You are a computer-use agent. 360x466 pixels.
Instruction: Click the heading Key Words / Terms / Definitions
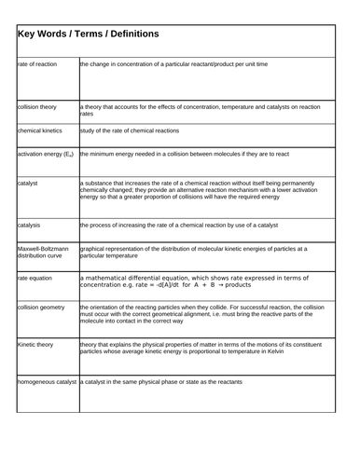click(89, 34)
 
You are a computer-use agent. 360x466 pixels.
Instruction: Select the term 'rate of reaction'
click(38, 64)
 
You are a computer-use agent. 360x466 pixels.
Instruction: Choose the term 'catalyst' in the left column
click(30, 184)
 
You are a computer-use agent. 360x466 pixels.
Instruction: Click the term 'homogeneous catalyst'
click(47, 382)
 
